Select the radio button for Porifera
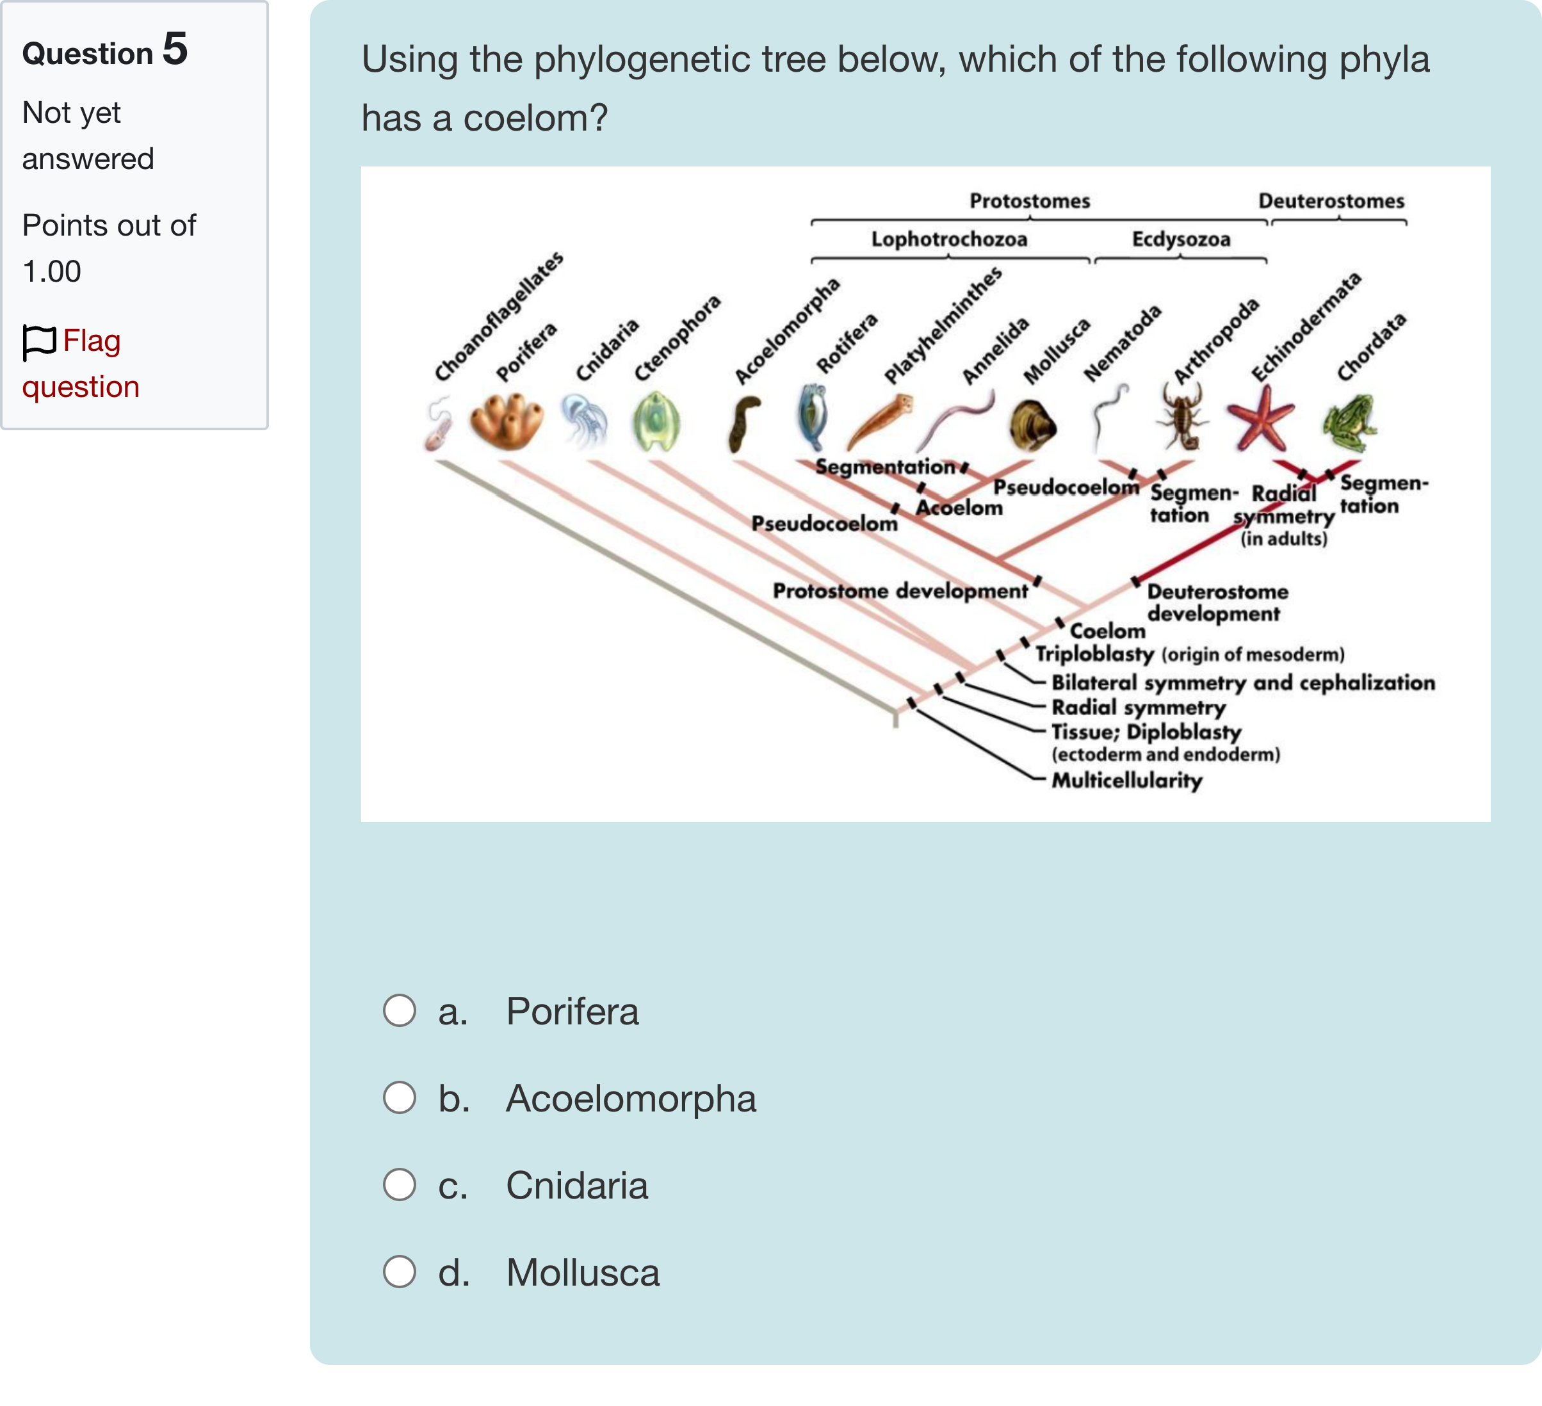point(400,1011)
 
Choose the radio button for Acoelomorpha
point(400,1098)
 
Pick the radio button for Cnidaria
point(400,1185)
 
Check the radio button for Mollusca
point(400,1272)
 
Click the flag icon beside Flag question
point(39,342)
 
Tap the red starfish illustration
point(1260,417)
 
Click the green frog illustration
point(1349,422)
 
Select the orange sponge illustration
point(507,421)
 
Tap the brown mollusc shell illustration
point(1032,425)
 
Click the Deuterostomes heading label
point(1331,201)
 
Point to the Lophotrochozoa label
point(948,239)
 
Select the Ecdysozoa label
point(1181,239)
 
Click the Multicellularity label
point(1126,780)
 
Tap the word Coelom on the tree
point(1107,631)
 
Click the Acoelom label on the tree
point(959,508)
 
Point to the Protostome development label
point(900,591)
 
